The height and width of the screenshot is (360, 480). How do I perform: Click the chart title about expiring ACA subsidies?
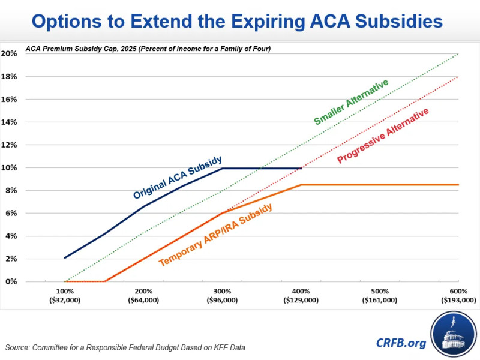pos(240,22)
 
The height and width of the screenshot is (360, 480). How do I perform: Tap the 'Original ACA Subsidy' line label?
pos(178,178)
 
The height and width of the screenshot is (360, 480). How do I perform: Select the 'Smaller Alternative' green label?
pos(351,102)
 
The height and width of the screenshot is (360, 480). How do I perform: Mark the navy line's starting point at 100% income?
pos(65,257)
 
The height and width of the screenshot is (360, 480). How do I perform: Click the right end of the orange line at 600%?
pos(458,185)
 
